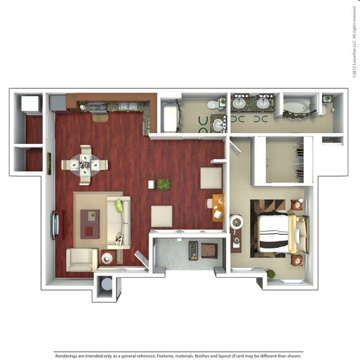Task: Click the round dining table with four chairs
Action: point(84,165)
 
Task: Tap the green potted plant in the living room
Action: point(164,184)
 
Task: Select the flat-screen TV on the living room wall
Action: point(55,224)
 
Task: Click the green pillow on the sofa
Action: point(119,206)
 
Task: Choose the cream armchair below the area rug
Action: point(82,259)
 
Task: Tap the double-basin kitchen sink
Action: point(128,106)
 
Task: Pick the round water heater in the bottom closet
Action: point(106,285)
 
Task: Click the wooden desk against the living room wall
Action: point(218,207)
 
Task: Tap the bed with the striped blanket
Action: point(276,232)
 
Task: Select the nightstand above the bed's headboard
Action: point(297,205)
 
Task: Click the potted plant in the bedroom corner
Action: point(271,274)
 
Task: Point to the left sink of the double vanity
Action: point(239,103)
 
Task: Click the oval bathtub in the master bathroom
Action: point(296,106)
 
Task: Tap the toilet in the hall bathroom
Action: point(212,104)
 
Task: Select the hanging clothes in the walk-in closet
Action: point(300,160)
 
